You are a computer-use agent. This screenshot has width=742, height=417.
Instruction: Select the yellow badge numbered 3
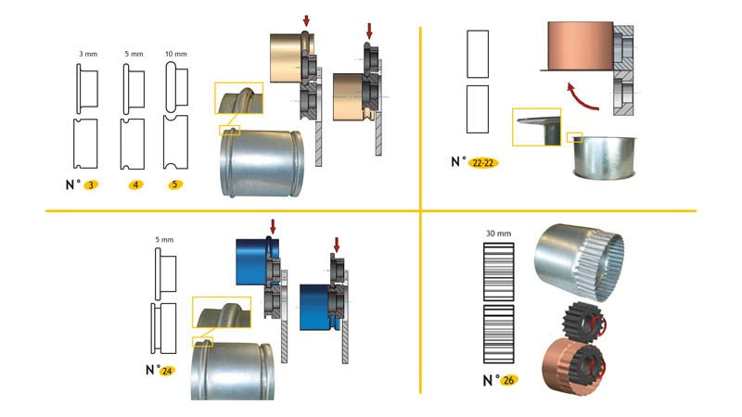point(91,185)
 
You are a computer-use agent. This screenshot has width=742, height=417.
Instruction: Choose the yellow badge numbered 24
point(167,371)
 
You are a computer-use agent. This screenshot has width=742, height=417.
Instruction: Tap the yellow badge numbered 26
point(508,381)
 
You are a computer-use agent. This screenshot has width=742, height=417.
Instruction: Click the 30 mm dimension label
point(499,234)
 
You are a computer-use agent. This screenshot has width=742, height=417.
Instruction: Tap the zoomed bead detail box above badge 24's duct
point(220,316)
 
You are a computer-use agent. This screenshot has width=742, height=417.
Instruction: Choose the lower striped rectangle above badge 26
point(499,337)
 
